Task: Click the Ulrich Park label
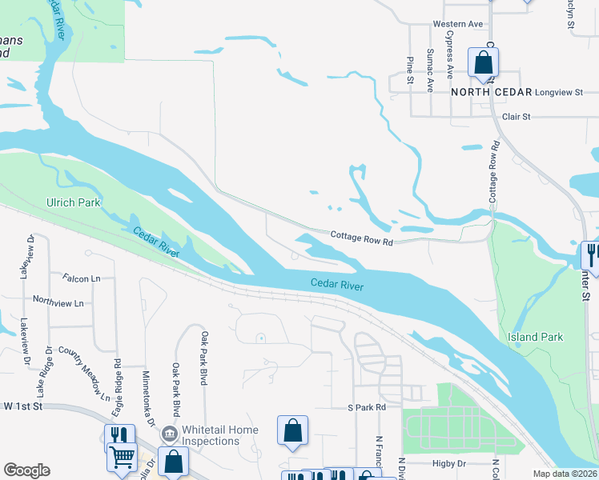coord(74,202)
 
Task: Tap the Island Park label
coord(535,337)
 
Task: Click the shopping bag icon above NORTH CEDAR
coord(483,62)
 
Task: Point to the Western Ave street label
coord(458,24)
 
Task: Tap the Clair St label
coord(516,117)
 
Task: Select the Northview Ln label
coord(58,303)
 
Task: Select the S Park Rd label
coord(367,407)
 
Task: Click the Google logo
coord(26,470)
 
